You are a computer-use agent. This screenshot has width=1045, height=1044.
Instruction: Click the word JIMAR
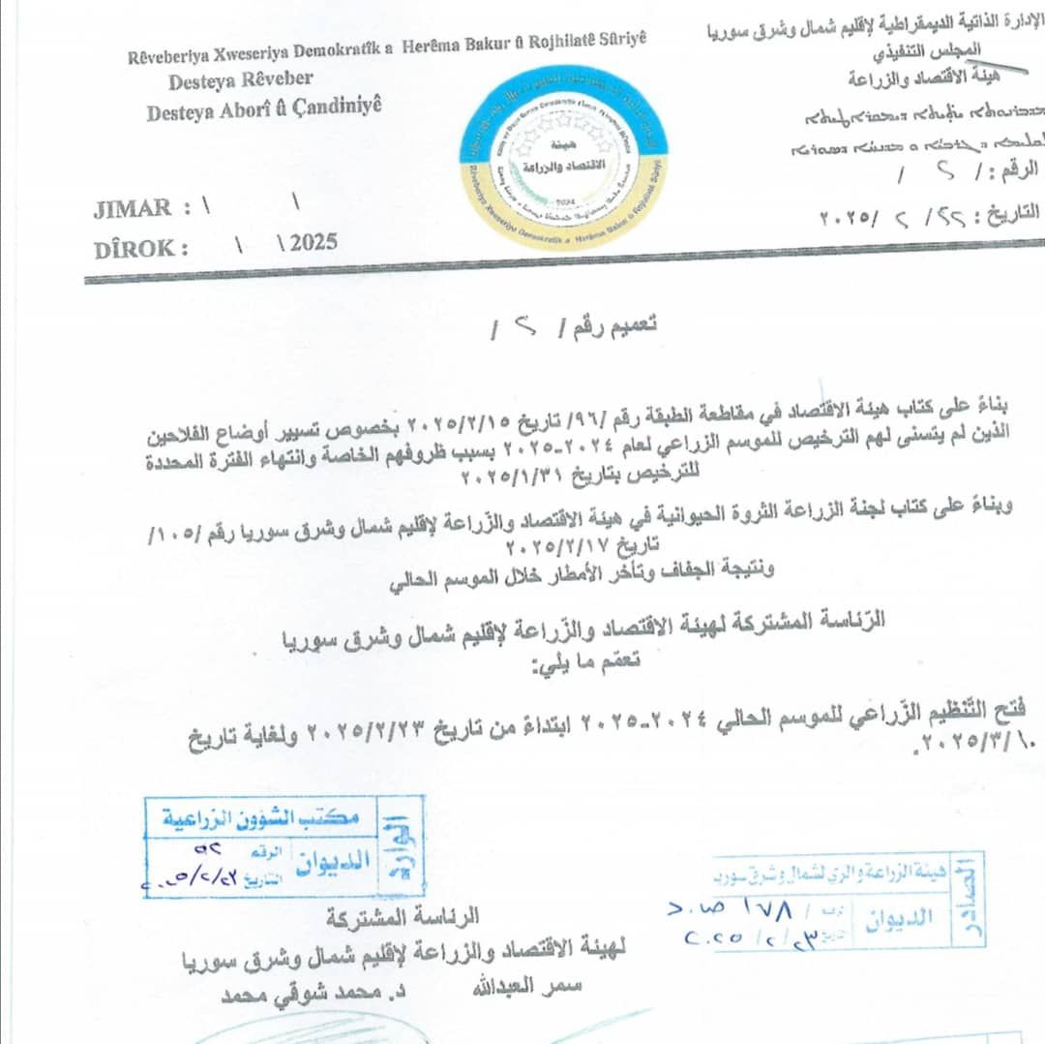(x=133, y=207)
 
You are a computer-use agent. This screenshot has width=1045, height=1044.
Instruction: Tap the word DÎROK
(x=141, y=248)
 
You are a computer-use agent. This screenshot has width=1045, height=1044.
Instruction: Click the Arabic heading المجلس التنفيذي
(x=937, y=50)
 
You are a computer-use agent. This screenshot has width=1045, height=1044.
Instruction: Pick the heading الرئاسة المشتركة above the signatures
(x=403, y=915)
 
